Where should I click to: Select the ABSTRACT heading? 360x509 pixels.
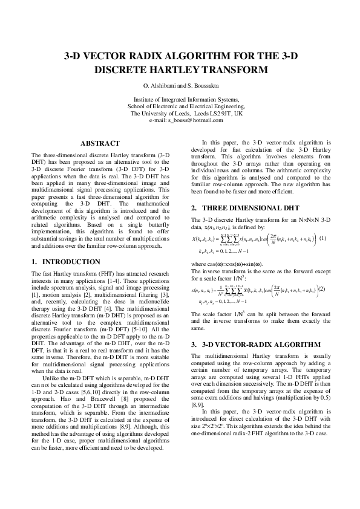[x=100, y=143]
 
